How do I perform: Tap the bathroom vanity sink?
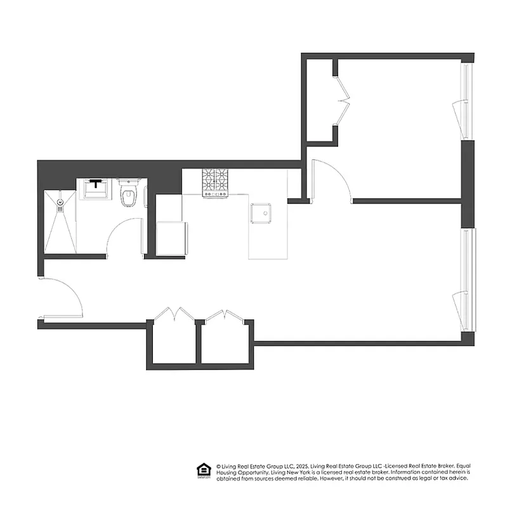click(x=96, y=188)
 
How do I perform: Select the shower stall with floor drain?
click(x=60, y=221)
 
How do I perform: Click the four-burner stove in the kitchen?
click(x=216, y=183)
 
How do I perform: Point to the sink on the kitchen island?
click(x=261, y=214)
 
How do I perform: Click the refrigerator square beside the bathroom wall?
click(x=171, y=238)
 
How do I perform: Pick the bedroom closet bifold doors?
click(x=344, y=99)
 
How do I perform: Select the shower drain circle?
click(x=60, y=203)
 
